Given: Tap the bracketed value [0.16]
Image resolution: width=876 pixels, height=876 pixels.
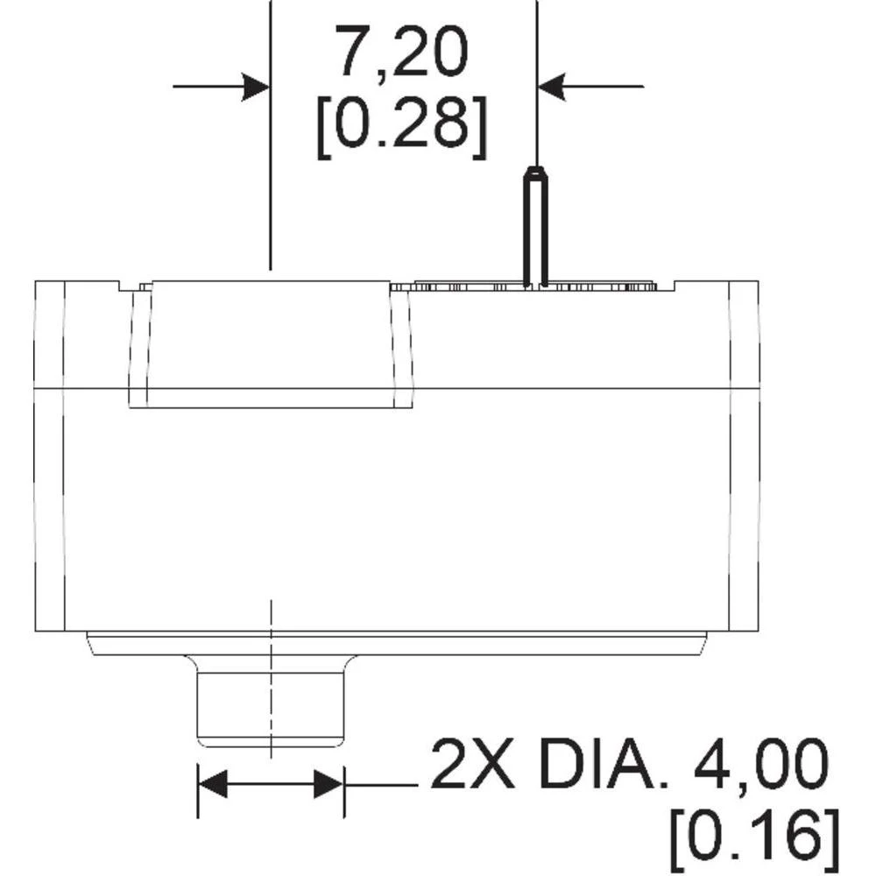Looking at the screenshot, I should coord(754,836).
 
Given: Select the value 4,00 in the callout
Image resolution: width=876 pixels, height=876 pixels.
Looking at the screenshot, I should coord(753,765).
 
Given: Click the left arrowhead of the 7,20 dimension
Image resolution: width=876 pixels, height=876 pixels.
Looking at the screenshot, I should coord(255,87).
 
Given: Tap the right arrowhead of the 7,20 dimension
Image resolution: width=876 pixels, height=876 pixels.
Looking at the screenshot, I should coord(552,87).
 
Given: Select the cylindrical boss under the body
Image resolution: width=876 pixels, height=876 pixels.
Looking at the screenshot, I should coord(271,701).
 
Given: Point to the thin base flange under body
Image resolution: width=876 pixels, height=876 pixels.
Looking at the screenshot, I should coord(399,643).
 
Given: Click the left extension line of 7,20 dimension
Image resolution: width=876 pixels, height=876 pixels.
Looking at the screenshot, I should coord(271,175).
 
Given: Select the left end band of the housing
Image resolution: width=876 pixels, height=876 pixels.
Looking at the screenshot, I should coord(49,456).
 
